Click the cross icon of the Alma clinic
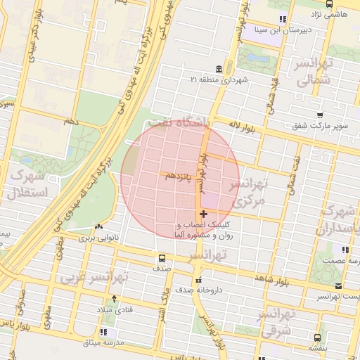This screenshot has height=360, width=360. coord(203,214)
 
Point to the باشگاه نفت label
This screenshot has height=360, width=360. coord(204,122)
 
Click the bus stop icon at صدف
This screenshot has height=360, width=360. coord(162,257)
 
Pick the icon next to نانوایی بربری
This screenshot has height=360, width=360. coord(98,227)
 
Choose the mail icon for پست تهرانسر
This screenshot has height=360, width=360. coord(338,286)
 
